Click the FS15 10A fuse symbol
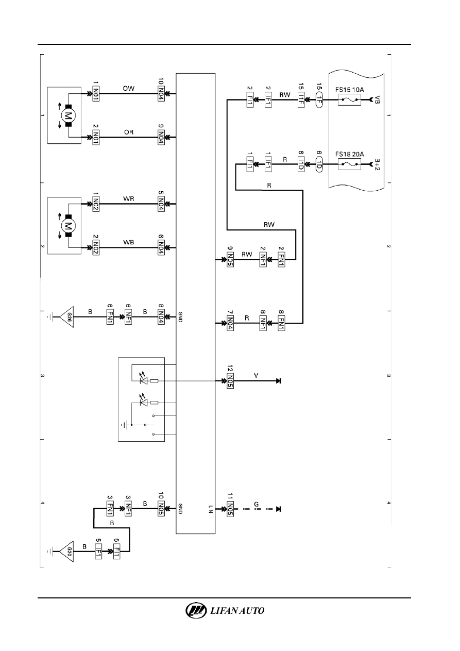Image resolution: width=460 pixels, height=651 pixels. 349,99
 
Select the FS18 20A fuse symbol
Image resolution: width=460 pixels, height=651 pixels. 349,164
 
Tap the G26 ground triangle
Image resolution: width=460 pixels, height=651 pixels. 66,317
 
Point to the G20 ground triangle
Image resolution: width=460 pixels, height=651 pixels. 66,552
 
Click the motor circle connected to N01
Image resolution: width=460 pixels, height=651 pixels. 68,115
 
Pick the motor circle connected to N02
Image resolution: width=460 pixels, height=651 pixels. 68,226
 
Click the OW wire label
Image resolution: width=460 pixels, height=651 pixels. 129,88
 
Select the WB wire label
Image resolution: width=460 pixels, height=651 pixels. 129,242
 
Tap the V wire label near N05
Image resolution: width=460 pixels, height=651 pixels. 256,376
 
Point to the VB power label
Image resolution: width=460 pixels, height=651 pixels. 377,99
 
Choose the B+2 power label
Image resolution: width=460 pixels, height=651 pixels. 377,164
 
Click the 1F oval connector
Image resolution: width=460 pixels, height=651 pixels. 319,99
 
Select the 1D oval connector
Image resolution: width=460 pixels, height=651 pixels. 319,164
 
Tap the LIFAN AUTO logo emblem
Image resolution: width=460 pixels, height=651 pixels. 196,610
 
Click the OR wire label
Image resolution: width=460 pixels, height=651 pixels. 129,132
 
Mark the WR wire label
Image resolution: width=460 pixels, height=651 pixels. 129,199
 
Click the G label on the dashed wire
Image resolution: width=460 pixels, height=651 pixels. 256,504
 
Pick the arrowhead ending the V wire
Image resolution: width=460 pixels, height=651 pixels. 279,381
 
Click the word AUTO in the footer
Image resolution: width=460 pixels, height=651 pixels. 251,611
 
